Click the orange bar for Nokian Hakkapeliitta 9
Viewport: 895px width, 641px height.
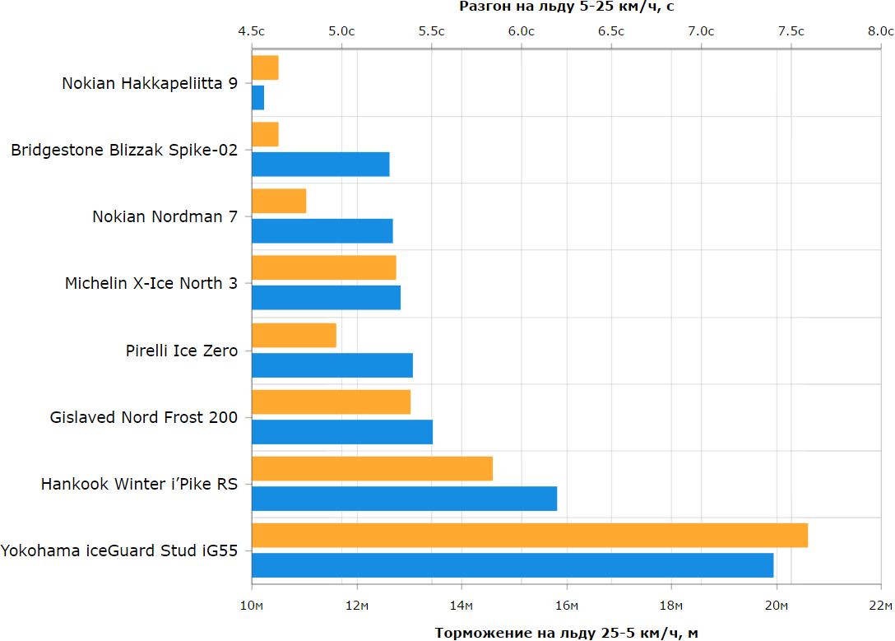coord(265,68)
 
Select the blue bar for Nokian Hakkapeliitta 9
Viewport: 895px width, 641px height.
coord(258,98)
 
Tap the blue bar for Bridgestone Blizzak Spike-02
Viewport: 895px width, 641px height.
coord(321,165)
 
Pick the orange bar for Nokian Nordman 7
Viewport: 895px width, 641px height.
coord(279,201)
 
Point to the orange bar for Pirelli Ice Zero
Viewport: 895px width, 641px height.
coord(294,335)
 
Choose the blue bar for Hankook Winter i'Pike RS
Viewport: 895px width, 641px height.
coord(404,499)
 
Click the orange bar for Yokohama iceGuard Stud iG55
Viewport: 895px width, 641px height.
coord(530,536)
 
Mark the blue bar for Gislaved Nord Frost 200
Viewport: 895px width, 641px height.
coord(342,432)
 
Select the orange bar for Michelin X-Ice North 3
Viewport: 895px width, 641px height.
coord(323,267)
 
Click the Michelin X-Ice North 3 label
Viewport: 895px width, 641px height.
coord(151,283)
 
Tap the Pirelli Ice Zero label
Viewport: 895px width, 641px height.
coord(182,351)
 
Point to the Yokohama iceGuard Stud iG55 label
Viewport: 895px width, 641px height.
coord(119,550)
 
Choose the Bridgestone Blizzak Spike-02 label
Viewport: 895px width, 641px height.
coord(124,150)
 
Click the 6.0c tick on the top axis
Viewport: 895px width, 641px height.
coord(522,31)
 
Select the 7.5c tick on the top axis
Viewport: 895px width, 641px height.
coord(791,31)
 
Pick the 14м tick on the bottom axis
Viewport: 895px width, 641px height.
coord(461,606)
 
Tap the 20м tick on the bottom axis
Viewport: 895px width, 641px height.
coord(777,606)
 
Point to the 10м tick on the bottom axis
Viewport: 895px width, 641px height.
coord(252,606)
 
